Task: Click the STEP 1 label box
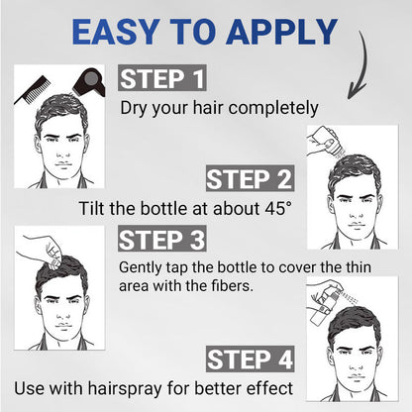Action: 164,79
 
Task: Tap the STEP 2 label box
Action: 251,179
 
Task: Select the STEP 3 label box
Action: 162,239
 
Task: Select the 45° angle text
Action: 275,210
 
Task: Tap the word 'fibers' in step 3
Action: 254,284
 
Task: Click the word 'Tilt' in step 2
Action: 94,210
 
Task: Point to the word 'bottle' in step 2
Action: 165,210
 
